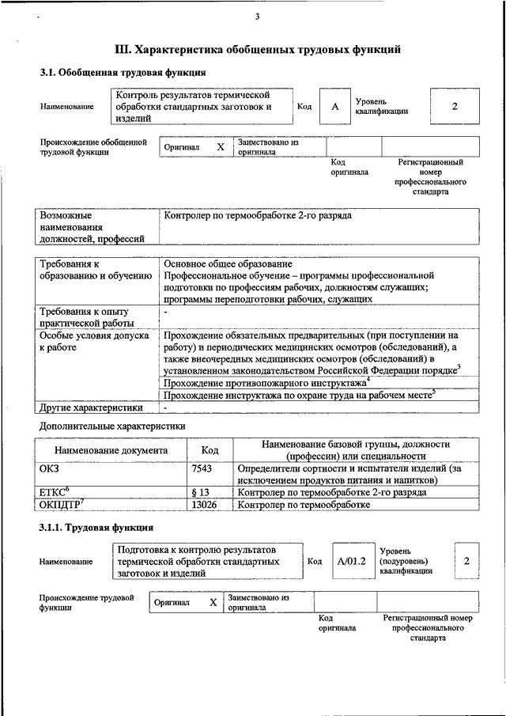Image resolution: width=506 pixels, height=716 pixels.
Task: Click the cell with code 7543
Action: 202,468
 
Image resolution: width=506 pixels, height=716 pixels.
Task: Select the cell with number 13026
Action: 204,504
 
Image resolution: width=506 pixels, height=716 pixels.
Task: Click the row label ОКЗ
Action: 49,468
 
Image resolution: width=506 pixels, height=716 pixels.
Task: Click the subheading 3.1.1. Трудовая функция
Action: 97,527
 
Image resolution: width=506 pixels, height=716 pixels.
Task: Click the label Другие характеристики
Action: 91,407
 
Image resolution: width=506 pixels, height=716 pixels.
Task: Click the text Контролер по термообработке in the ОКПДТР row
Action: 304,504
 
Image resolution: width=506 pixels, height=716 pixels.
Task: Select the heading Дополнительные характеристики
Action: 112,426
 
